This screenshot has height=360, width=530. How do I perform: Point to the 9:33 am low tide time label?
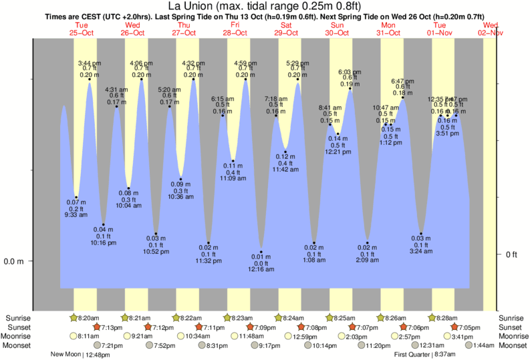(76, 215)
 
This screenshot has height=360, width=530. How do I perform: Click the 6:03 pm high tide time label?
(350, 71)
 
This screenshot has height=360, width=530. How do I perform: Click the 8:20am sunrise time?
(87, 318)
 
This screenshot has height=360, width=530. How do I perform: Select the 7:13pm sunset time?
(110, 327)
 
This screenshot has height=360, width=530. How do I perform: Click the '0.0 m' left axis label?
(14, 261)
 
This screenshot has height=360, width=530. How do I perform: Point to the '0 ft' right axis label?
(512, 254)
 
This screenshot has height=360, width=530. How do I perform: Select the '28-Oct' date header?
(236, 32)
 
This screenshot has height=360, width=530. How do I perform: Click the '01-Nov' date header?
(440, 32)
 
